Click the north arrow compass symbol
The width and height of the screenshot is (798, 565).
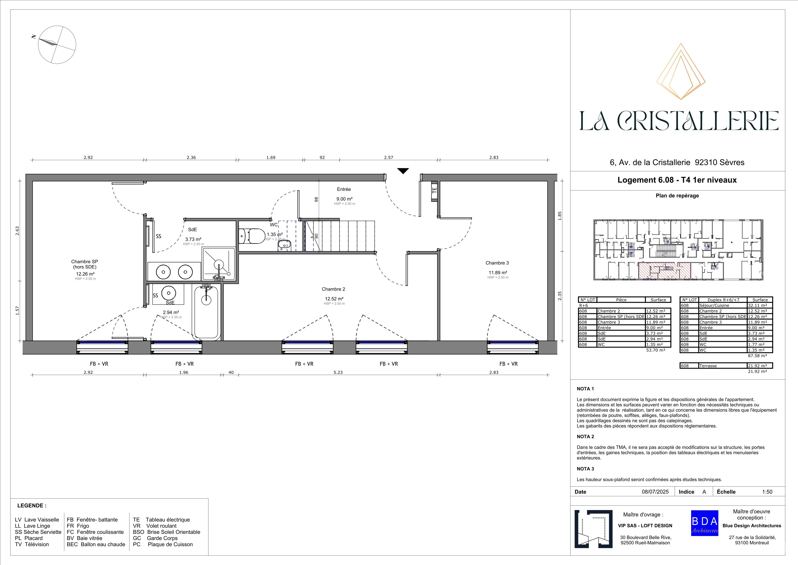pos(57,45)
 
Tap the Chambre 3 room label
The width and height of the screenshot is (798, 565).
pos(497,263)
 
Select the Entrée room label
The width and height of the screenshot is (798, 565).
pos(344,189)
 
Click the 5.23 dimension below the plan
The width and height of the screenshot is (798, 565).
pos(338,372)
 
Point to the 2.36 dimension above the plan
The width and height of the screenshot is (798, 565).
pos(191,158)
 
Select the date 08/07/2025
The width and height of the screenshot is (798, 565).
pos(655,492)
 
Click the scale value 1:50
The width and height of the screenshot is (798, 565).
pos(767,492)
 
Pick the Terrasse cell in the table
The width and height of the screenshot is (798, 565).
pos(723,366)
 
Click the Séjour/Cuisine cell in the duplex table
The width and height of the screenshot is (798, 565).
pos(723,306)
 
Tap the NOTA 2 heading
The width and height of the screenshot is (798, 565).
pos(585,437)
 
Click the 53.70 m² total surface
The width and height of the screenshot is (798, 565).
pos(656,350)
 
